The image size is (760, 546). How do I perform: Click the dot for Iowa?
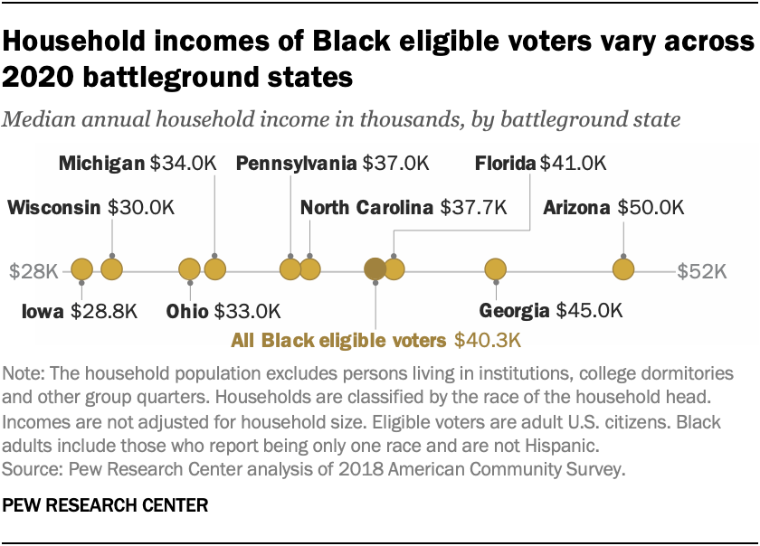pyautogui.click(x=82, y=269)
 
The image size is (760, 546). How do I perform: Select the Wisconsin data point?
pyautogui.click(x=112, y=269)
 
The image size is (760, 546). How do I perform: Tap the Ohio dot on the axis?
pyautogui.click(x=189, y=269)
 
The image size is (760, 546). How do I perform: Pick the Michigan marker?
pyautogui.click(x=214, y=269)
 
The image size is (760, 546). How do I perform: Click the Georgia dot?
pyautogui.click(x=496, y=269)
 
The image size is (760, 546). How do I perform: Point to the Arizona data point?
pyautogui.click(x=623, y=269)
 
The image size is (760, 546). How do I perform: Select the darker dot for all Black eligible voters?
pyautogui.click(x=374, y=269)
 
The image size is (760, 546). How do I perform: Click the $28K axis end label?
pyautogui.click(x=33, y=270)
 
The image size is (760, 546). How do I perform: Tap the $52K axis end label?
pyautogui.click(x=703, y=270)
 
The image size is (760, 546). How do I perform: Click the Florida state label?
pyautogui.click(x=506, y=164)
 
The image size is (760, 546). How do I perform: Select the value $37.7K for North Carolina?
pyautogui.click(x=472, y=208)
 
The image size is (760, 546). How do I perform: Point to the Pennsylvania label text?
pyautogui.click(x=296, y=164)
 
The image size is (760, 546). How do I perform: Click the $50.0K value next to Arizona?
pyautogui.click(x=650, y=208)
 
